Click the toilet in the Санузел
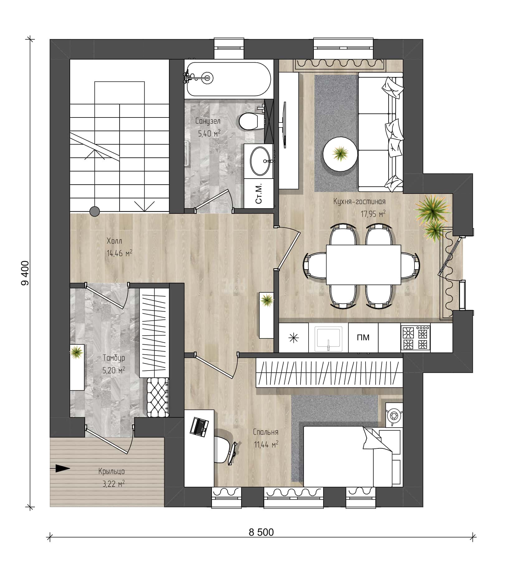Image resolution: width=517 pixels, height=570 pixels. tap(251, 121)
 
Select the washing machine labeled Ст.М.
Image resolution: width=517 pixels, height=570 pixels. tap(259, 193)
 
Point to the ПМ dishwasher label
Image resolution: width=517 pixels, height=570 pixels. tap(363, 338)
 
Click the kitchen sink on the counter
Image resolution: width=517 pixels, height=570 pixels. tap(328, 337)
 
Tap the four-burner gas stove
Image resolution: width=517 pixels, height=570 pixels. tap(415, 338)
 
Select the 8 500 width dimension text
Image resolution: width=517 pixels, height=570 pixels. tap(261, 532)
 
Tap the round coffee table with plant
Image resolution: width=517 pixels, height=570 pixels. tap(340, 154)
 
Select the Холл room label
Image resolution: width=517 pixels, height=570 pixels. tap(114, 241)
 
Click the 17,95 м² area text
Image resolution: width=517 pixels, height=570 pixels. tap(373, 213)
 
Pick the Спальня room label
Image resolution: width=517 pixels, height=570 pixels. tap(266, 432)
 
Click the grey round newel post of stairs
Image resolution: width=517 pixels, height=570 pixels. tap(94, 212)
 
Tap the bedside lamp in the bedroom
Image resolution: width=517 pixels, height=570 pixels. tap(394, 415)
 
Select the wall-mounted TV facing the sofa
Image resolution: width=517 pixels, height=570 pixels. tap(284, 124)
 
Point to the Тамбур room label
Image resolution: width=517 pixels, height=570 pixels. tap(114, 358)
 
